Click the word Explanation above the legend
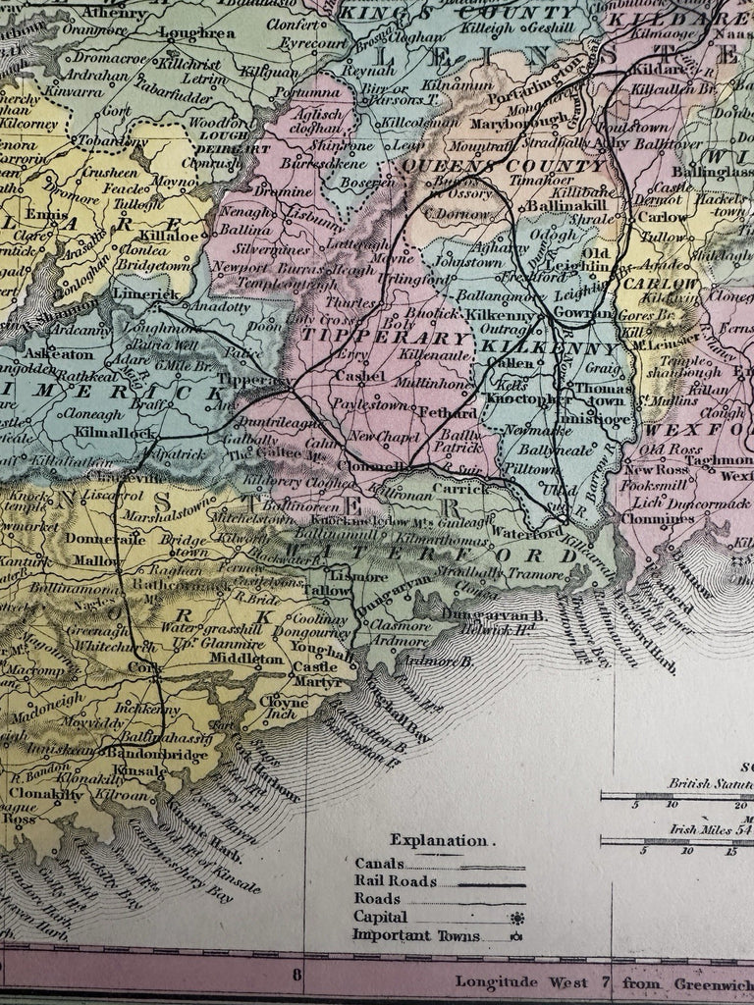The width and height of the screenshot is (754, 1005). (437, 840)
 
